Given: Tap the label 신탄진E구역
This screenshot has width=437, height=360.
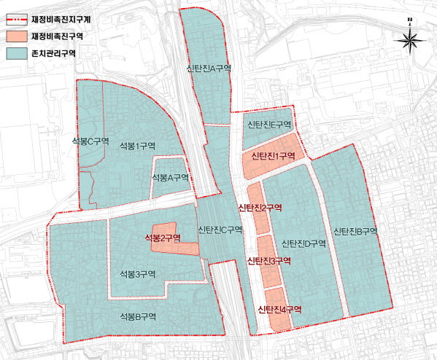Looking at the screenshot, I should pos(268,125).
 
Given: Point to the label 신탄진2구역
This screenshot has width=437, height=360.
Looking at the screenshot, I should pos(260,208).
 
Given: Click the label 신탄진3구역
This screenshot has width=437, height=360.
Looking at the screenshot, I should pos(269,261).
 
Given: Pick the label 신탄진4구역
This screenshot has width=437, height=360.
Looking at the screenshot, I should pos(279,310).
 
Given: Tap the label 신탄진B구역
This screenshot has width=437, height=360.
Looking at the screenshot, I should pos(355,232).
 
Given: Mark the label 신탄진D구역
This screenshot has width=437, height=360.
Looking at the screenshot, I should pos(303,243).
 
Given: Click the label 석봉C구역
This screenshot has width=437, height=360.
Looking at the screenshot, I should pos(91,141).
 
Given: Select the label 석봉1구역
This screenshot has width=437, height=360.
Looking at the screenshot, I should pos(137,146).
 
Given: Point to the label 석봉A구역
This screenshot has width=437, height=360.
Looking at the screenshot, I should pos(170,178).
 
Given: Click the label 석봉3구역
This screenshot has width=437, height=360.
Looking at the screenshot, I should pos(139,274).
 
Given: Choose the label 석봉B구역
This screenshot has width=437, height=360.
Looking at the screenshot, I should pos(139,316).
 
